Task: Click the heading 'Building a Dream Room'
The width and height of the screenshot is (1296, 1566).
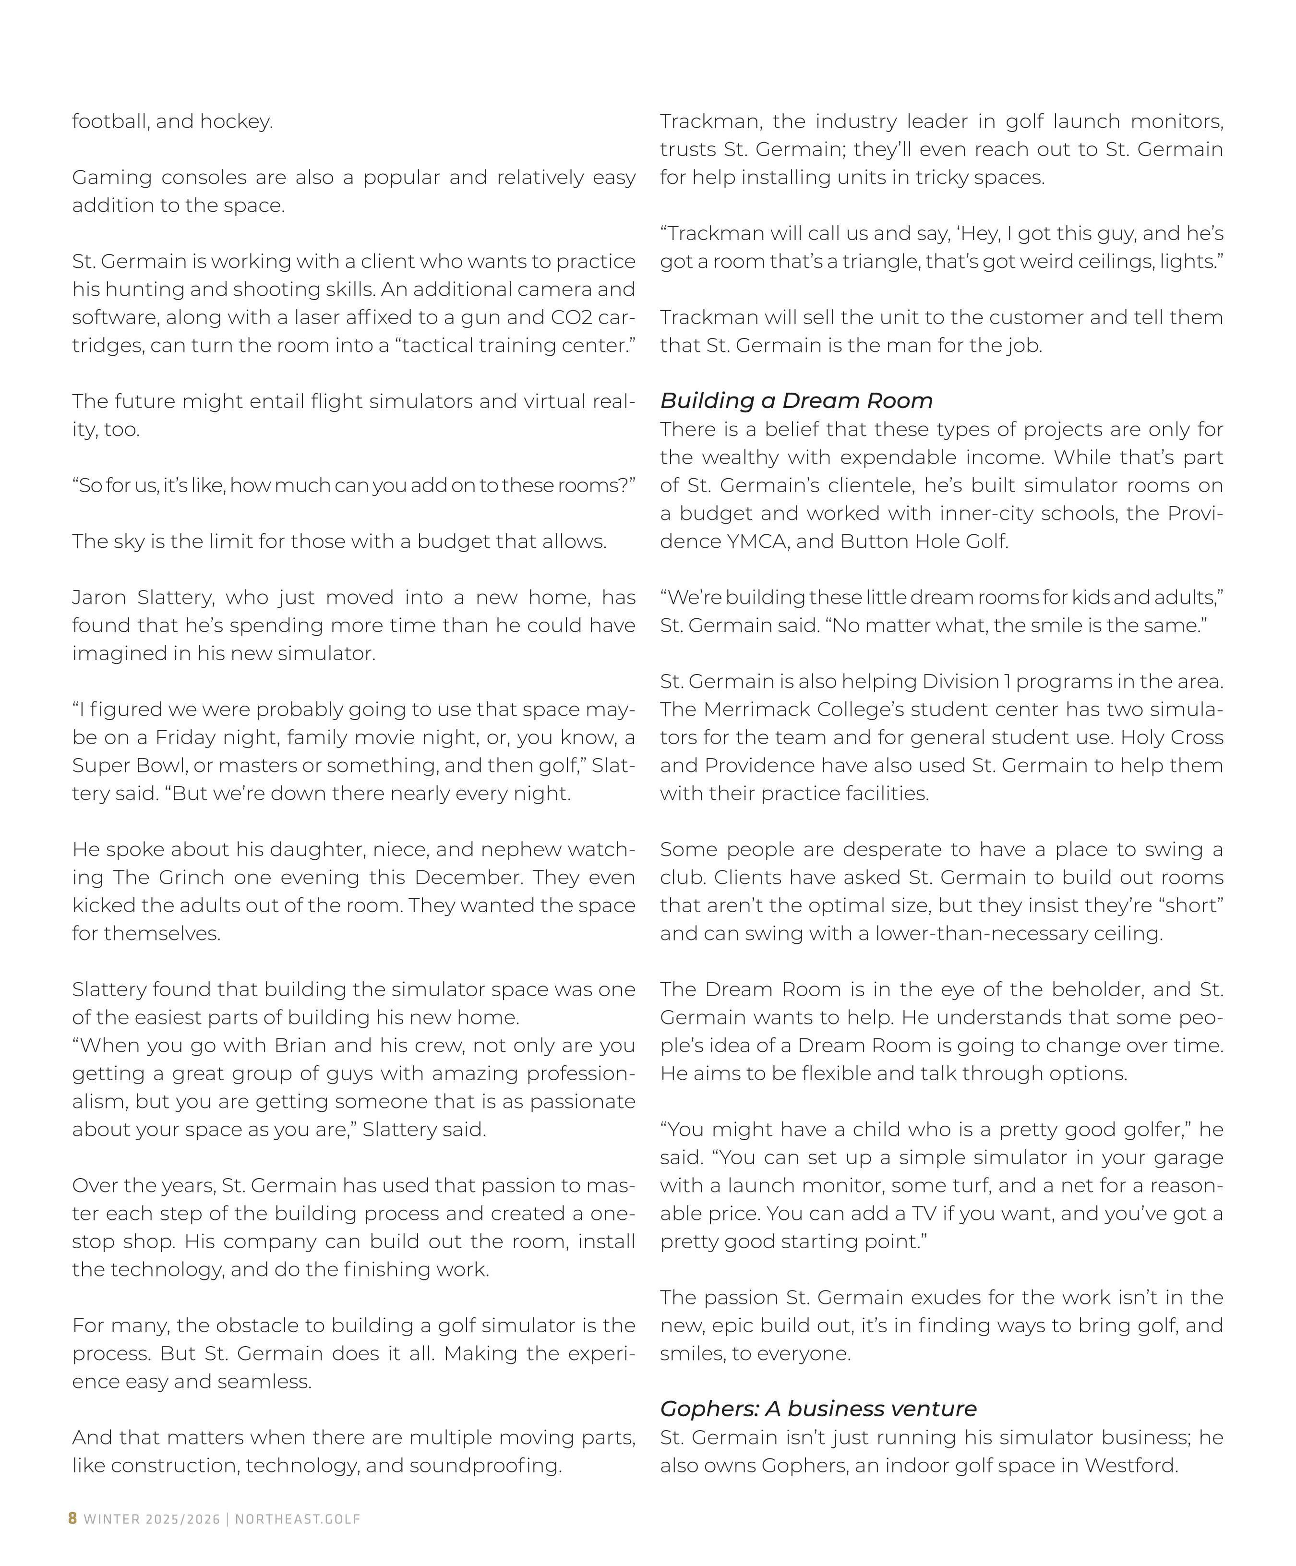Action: pos(796,400)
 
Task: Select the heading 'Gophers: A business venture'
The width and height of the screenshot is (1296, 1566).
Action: pos(818,1409)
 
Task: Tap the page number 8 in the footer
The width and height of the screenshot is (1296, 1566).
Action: pos(72,1519)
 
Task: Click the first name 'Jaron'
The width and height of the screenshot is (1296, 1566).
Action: pos(99,597)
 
